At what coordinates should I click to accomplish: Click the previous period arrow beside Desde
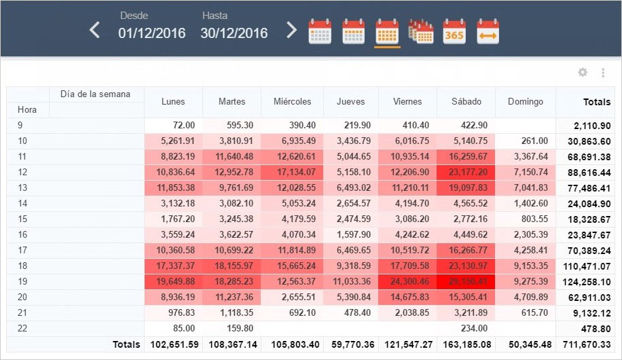95,31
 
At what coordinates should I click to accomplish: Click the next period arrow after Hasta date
291,31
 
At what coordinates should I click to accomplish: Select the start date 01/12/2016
151,33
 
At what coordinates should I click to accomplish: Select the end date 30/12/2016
234,33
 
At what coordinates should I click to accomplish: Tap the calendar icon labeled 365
454,32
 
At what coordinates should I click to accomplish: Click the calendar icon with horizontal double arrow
488,32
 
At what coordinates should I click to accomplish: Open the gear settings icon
583,73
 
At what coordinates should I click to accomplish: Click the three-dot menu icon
602,73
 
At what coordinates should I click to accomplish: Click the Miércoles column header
292,102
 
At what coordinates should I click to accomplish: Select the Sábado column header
466,102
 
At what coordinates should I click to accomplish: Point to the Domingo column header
525,102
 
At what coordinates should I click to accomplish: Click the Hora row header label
27,109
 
